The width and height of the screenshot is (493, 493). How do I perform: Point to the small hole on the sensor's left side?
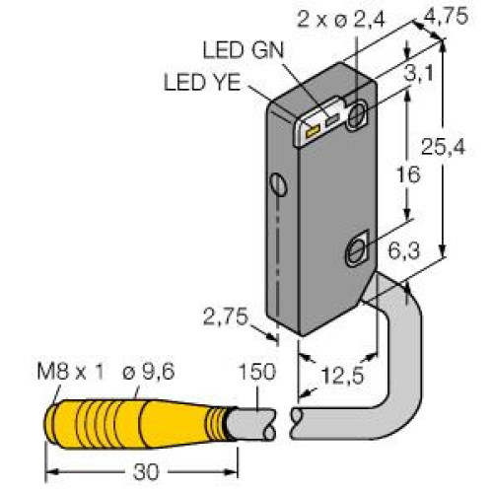pyautogui.click(x=280, y=184)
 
